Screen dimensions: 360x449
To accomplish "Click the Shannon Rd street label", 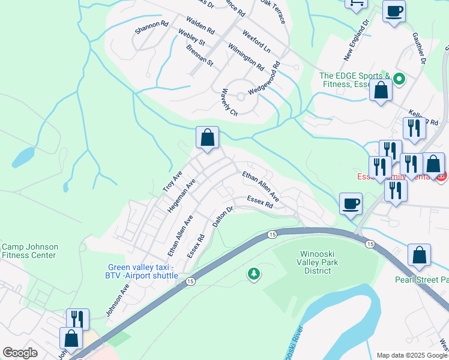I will coord(151,27).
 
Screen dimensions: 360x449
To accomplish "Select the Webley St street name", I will coord(191,38).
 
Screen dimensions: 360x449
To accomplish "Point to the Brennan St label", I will coord(199,55).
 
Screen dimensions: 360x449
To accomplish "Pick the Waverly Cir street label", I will coord(229,102).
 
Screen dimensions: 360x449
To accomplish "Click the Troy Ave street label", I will coord(172,182).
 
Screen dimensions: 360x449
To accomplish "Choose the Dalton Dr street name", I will coord(222,217).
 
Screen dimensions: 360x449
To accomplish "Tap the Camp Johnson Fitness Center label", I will coord(29,251).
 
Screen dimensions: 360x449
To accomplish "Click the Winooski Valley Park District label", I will coord(318,262).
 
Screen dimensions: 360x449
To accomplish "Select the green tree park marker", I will coord(254,274).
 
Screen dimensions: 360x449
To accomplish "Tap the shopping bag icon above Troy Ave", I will coord(207,138).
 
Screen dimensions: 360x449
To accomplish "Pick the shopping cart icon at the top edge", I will coord(357,4).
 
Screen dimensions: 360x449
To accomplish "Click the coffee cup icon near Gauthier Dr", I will coord(394,11).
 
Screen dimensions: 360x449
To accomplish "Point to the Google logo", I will coord(20,353).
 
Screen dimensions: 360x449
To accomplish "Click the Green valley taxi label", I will coord(143,271).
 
